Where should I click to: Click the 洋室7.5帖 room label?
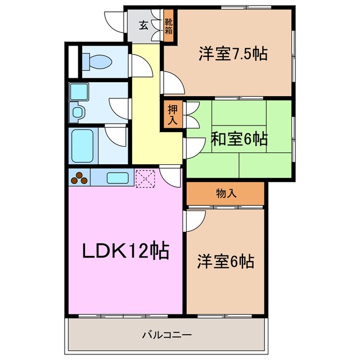pyautogui.click(x=232, y=55)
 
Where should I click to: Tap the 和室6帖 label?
pyautogui.click(x=239, y=138)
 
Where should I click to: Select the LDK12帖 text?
pyautogui.click(x=125, y=251)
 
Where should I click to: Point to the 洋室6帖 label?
pyautogui.click(x=225, y=261)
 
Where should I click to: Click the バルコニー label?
pyautogui.click(x=166, y=335)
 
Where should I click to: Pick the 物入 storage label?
pyautogui.click(x=226, y=193)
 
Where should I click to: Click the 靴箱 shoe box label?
pyautogui.click(x=169, y=26)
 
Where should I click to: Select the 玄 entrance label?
pyautogui.click(x=143, y=25)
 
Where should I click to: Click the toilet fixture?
pyautogui.click(x=92, y=60)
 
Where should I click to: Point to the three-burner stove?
pyautogui.click(x=79, y=178)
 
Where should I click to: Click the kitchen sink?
pyautogui.click(x=118, y=178)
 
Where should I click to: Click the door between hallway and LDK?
pyautogui.click(x=170, y=176)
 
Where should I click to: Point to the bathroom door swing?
pyautogui.click(x=117, y=136)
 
